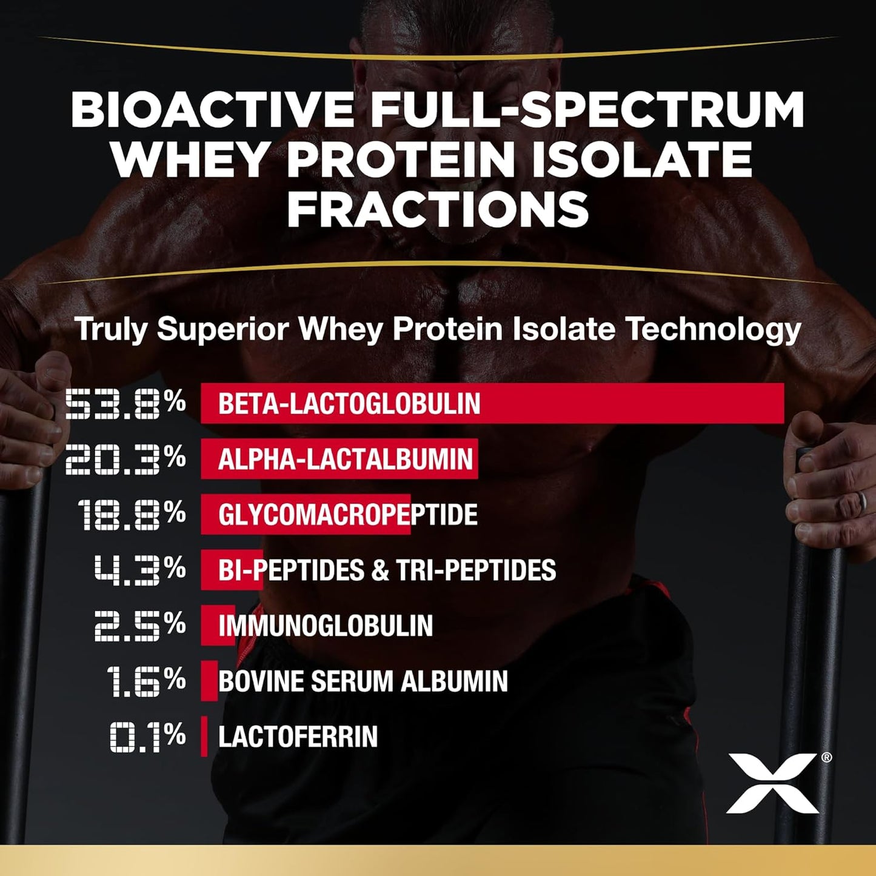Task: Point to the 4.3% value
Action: pos(140,570)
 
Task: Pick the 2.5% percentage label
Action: pos(140,626)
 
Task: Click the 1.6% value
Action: pos(145,681)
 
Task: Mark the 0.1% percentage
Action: pos(147,737)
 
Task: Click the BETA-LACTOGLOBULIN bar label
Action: pos(349,404)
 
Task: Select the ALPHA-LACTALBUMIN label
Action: pos(345,459)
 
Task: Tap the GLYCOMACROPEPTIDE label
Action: pos(347,515)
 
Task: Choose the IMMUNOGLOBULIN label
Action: pos(326,626)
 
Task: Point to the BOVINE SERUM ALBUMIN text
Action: pos(363,681)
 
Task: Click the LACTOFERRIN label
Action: pos(298,737)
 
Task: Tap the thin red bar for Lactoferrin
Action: pos(204,737)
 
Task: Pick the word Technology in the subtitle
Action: pos(713,329)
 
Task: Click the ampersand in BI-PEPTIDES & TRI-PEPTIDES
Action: pos(380,570)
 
